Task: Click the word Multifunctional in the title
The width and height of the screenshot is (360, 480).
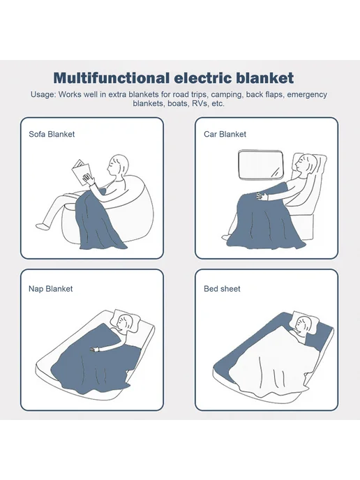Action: (x=112, y=78)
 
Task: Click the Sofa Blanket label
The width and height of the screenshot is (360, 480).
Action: (x=52, y=134)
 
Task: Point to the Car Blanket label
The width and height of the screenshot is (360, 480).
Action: (x=225, y=134)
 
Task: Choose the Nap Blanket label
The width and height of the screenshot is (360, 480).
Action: (x=50, y=289)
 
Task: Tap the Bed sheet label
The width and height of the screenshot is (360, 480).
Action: (x=222, y=289)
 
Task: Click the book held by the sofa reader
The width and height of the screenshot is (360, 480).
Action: (x=81, y=172)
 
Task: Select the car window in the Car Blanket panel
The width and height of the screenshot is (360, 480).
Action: (x=261, y=164)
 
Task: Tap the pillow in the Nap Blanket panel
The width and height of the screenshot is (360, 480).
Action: (x=126, y=321)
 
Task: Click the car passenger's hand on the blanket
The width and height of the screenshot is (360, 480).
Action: (x=262, y=195)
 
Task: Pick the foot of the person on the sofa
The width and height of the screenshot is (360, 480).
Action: (x=42, y=225)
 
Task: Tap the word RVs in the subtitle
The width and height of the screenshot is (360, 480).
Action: (x=200, y=103)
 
